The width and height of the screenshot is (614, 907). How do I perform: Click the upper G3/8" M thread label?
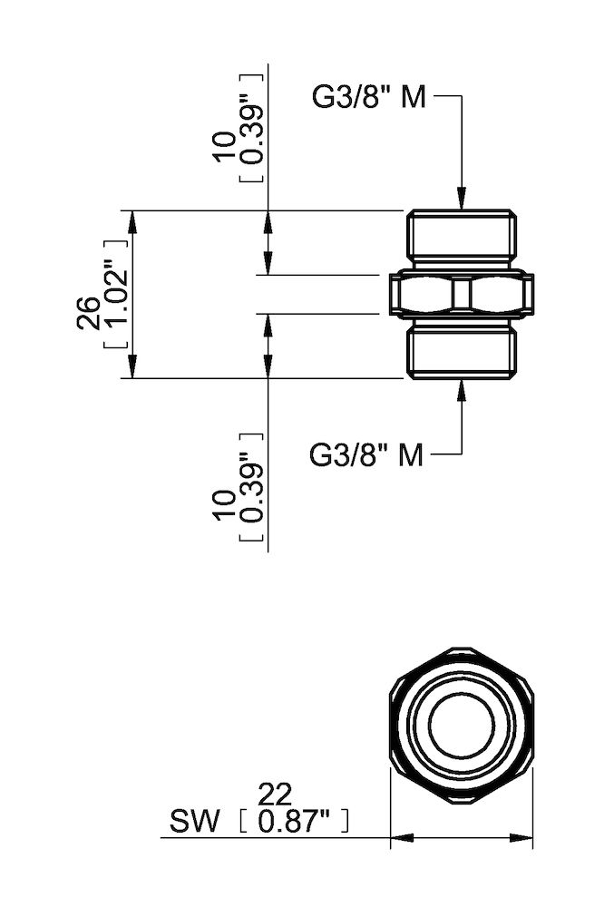368,98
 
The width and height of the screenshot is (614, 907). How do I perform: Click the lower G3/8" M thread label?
366,454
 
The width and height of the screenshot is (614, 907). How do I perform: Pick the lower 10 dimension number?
225,504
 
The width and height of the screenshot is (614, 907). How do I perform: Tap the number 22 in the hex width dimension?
276,795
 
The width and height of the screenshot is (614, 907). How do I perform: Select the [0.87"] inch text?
292,823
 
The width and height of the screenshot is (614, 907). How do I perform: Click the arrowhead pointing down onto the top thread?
462,200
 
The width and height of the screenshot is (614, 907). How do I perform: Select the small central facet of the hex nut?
462,294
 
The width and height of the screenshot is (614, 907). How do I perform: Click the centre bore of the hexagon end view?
462,726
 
